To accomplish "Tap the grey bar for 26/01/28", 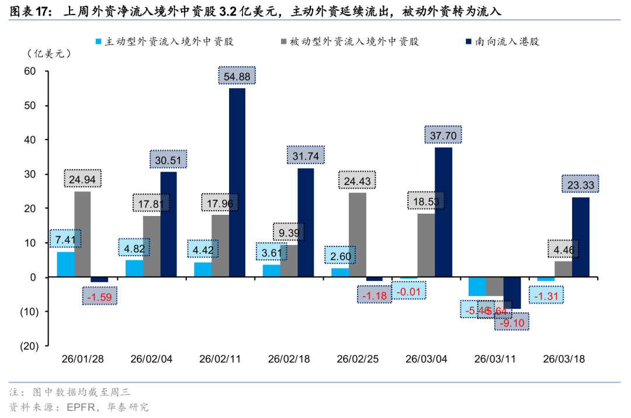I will coord(82,234).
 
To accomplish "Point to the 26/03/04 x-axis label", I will coord(426,359).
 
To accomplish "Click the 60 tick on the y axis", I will coord(30,72).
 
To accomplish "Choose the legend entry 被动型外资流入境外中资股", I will coord(354,41).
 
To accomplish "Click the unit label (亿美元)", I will coord(48,54).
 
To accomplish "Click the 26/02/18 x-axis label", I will coord(289,359).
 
